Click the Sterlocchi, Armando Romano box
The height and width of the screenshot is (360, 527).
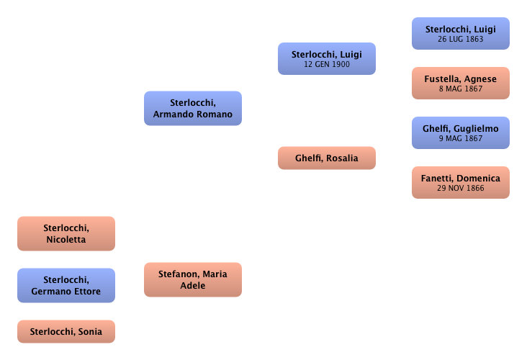pyautogui.click(x=192, y=109)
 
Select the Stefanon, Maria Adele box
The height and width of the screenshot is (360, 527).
pyautogui.click(x=192, y=279)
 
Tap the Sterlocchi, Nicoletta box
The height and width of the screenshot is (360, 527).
pyautogui.click(x=66, y=234)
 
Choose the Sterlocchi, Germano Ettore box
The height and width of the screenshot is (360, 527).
pyautogui.click(x=66, y=285)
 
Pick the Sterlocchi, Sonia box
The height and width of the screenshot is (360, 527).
pyautogui.click(x=66, y=332)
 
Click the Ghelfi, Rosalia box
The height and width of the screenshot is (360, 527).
pyautogui.click(x=326, y=158)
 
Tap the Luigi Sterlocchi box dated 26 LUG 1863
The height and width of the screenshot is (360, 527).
pyautogui.click(x=460, y=34)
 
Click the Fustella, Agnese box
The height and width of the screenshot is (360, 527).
pyautogui.click(x=460, y=84)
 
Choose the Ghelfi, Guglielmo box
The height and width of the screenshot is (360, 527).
pyautogui.click(x=460, y=133)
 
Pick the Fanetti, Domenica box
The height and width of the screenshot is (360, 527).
pyautogui.click(x=460, y=183)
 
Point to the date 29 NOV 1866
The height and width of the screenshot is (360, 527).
pyautogui.click(x=460, y=189)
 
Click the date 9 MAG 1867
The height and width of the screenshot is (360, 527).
pyautogui.click(x=460, y=139)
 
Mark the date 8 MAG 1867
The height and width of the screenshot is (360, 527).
pyautogui.click(x=460, y=89)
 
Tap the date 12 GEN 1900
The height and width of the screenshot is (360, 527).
pyautogui.click(x=326, y=65)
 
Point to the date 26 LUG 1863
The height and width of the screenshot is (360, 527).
pyautogui.click(x=460, y=40)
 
